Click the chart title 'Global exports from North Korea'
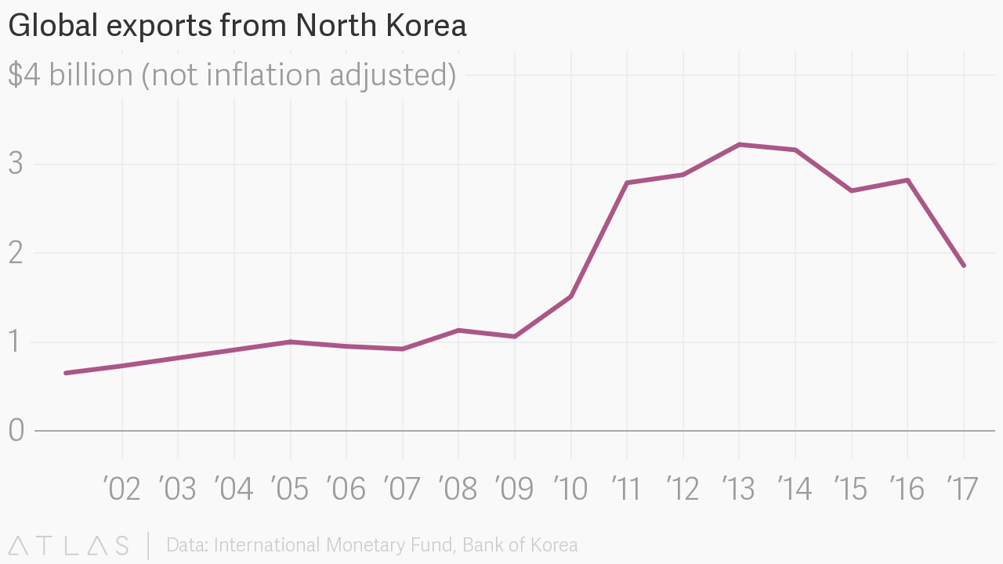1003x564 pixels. (x=237, y=26)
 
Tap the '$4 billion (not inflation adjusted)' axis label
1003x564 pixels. (x=232, y=75)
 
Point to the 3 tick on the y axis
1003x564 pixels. (x=16, y=164)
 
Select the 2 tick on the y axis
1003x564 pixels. (x=16, y=253)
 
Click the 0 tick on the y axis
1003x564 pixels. (x=16, y=430)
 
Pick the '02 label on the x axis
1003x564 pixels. (x=121, y=489)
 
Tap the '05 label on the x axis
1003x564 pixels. (x=290, y=489)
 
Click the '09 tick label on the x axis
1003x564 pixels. (x=514, y=489)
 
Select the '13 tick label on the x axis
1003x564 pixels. (x=738, y=489)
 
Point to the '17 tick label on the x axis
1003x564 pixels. (x=962, y=489)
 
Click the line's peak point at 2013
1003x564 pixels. (x=739, y=144)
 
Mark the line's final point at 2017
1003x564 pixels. (x=963, y=266)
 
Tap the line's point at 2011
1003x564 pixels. (x=627, y=183)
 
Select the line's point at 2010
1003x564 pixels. (x=570, y=296)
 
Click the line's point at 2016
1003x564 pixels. (x=907, y=180)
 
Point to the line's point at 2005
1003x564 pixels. (x=291, y=342)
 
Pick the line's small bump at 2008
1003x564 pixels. (x=458, y=331)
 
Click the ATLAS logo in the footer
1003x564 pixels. (x=68, y=545)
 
